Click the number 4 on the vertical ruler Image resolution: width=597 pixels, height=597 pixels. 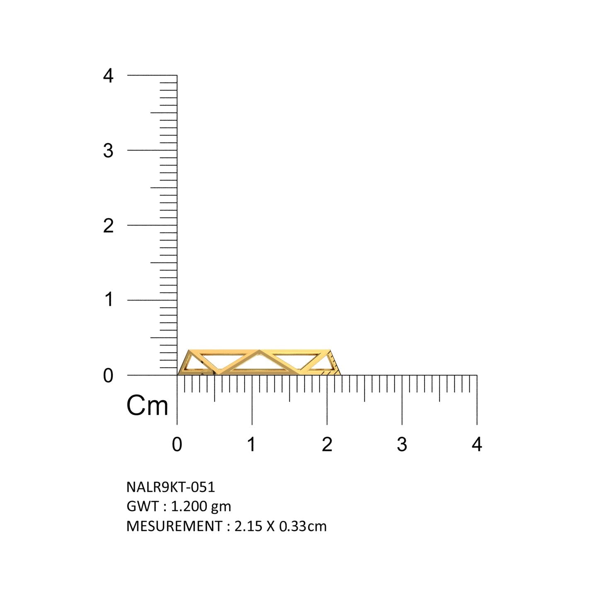point(108,75)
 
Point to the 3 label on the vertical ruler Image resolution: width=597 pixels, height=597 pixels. point(108,151)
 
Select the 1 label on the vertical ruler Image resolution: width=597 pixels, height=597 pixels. point(109,300)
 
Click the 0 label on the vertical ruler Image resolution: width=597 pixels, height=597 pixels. point(108,376)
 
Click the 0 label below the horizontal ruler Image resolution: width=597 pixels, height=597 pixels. point(177,444)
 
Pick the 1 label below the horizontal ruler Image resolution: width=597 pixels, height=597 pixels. point(252,444)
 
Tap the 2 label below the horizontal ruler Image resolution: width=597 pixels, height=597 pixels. point(327,444)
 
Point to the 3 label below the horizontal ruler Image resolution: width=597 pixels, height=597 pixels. point(402,444)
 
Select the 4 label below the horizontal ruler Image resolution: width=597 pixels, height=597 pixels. point(477,444)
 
